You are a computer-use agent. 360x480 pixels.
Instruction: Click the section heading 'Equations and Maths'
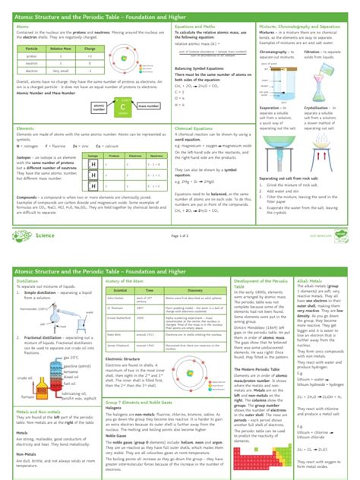tap(194, 26)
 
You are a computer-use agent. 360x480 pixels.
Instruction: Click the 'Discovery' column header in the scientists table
tap(194, 269)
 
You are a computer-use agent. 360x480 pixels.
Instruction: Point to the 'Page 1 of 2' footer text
tap(180, 215)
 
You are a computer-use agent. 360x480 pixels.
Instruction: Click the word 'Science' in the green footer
tap(45, 215)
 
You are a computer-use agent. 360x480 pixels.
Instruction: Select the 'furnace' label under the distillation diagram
tap(29, 396)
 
